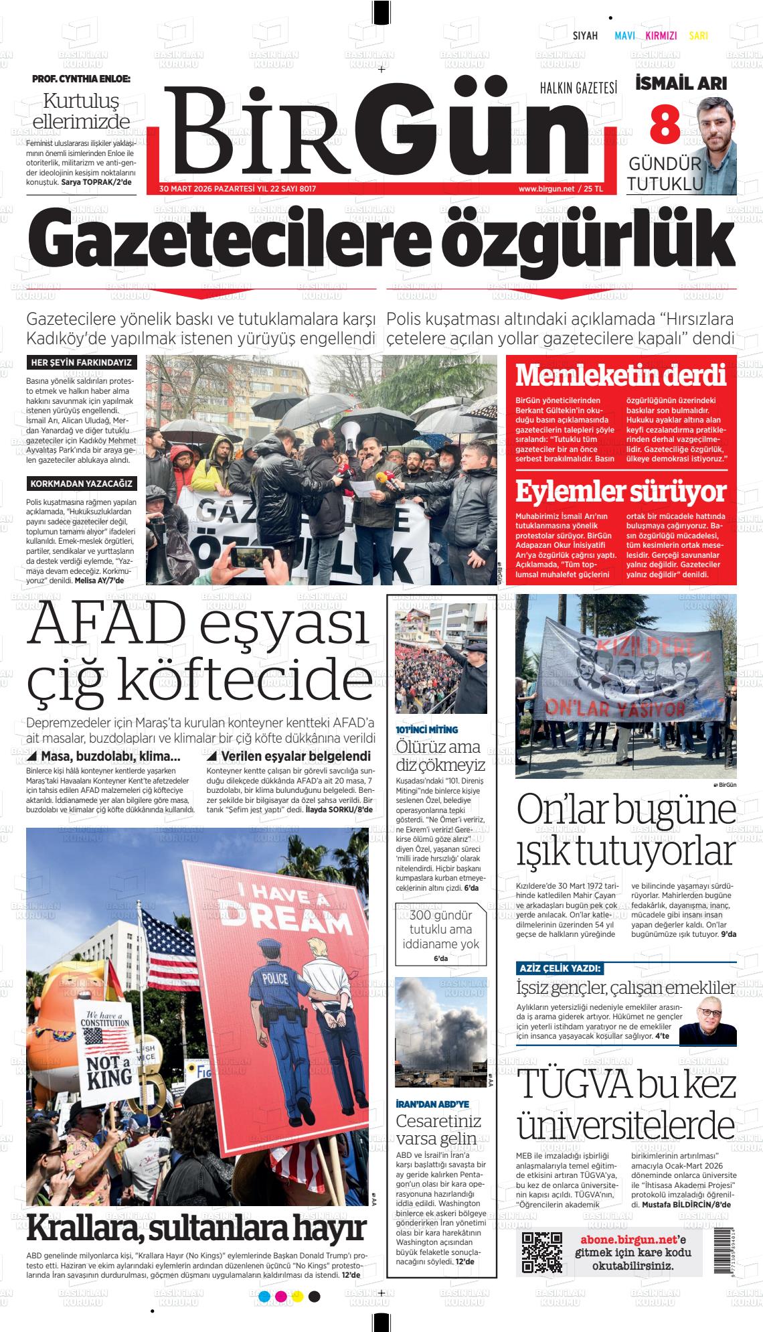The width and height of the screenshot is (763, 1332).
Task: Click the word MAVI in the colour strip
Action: tap(624, 36)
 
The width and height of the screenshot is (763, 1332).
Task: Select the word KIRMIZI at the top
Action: tap(661, 36)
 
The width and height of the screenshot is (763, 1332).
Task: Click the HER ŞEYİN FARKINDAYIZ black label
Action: tap(81, 363)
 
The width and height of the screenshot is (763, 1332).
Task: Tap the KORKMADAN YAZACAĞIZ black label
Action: tap(81, 484)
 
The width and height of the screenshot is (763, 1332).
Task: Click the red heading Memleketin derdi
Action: tap(620, 375)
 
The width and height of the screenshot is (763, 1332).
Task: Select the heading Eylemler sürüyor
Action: tap(620, 492)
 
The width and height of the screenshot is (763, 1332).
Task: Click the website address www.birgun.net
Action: tap(546, 190)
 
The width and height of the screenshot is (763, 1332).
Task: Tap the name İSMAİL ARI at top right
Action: tap(680, 84)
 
